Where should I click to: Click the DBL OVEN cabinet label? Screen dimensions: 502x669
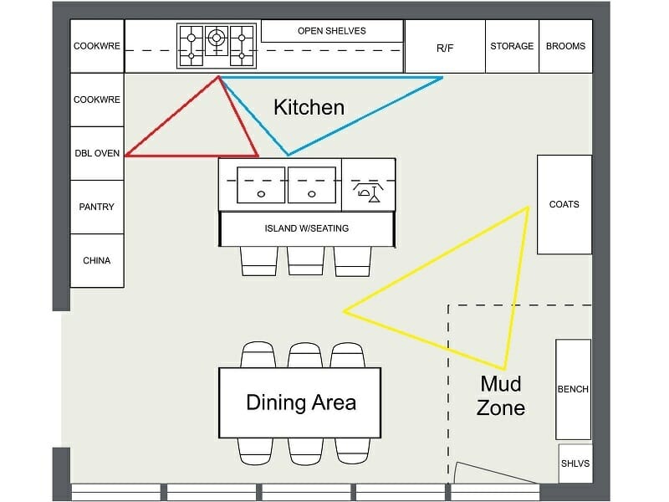(97, 153)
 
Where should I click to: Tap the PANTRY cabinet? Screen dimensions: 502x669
(97, 207)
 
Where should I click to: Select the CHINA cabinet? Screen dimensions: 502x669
(97, 260)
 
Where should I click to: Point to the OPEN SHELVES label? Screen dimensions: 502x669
(331, 31)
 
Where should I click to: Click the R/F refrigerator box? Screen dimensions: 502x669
(445, 47)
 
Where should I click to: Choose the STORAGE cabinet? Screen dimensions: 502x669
(512, 46)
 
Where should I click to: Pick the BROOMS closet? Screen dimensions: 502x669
(566, 46)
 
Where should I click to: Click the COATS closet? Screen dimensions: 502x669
(564, 204)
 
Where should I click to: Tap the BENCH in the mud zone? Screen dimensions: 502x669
(573, 389)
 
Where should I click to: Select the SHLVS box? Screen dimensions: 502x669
(575, 463)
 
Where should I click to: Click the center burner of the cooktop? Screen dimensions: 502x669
(217, 37)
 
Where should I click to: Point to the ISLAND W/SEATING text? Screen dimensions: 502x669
(307, 228)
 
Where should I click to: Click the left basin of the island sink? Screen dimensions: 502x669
(262, 185)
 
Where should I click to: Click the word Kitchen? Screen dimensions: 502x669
(309, 107)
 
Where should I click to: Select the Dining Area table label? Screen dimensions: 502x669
(300, 402)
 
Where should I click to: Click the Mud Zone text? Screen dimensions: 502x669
(501, 396)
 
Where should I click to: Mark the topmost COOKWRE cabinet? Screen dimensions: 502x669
(97, 46)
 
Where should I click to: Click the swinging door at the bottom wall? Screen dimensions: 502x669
(495, 473)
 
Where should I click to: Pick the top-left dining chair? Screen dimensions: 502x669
(258, 355)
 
